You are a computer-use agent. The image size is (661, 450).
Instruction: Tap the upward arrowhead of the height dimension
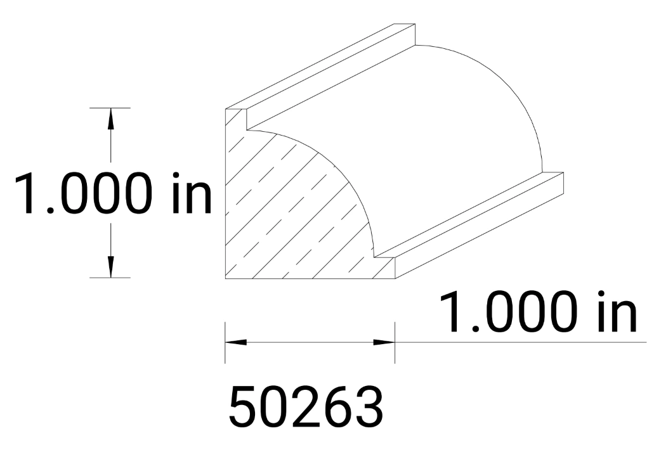(x=111, y=117)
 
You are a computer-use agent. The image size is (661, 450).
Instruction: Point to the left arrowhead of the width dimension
(x=235, y=342)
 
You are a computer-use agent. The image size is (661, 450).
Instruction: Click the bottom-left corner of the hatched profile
(x=226, y=278)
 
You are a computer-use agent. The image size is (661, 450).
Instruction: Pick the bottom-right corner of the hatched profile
(x=395, y=278)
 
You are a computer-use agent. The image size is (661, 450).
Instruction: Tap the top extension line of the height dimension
(x=110, y=108)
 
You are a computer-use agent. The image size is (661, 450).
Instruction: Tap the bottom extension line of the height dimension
(x=110, y=278)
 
